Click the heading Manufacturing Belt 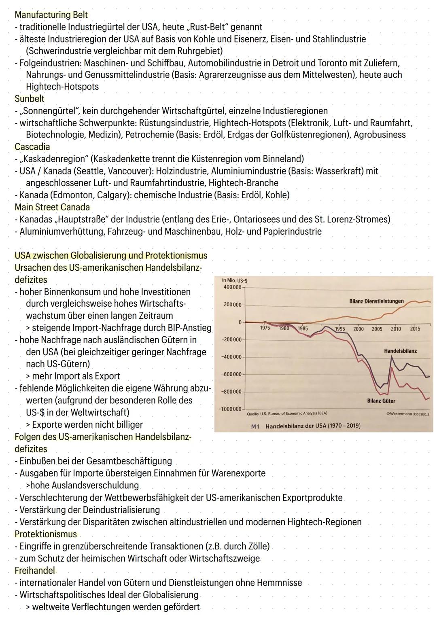click(51, 15)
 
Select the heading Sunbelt click(30, 99)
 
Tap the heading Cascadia click(32, 147)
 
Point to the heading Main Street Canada click(52, 207)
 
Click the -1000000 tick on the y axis click(230, 409)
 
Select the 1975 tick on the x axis click(265, 328)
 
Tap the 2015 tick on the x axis click(415, 329)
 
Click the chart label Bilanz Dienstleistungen click(376, 301)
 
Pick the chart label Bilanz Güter click(381, 401)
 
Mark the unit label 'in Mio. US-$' click(235, 280)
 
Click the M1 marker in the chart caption click(255, 426)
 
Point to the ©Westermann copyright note click(408, 414)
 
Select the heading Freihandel click(35, 570)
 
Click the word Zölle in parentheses click(257, 546)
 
